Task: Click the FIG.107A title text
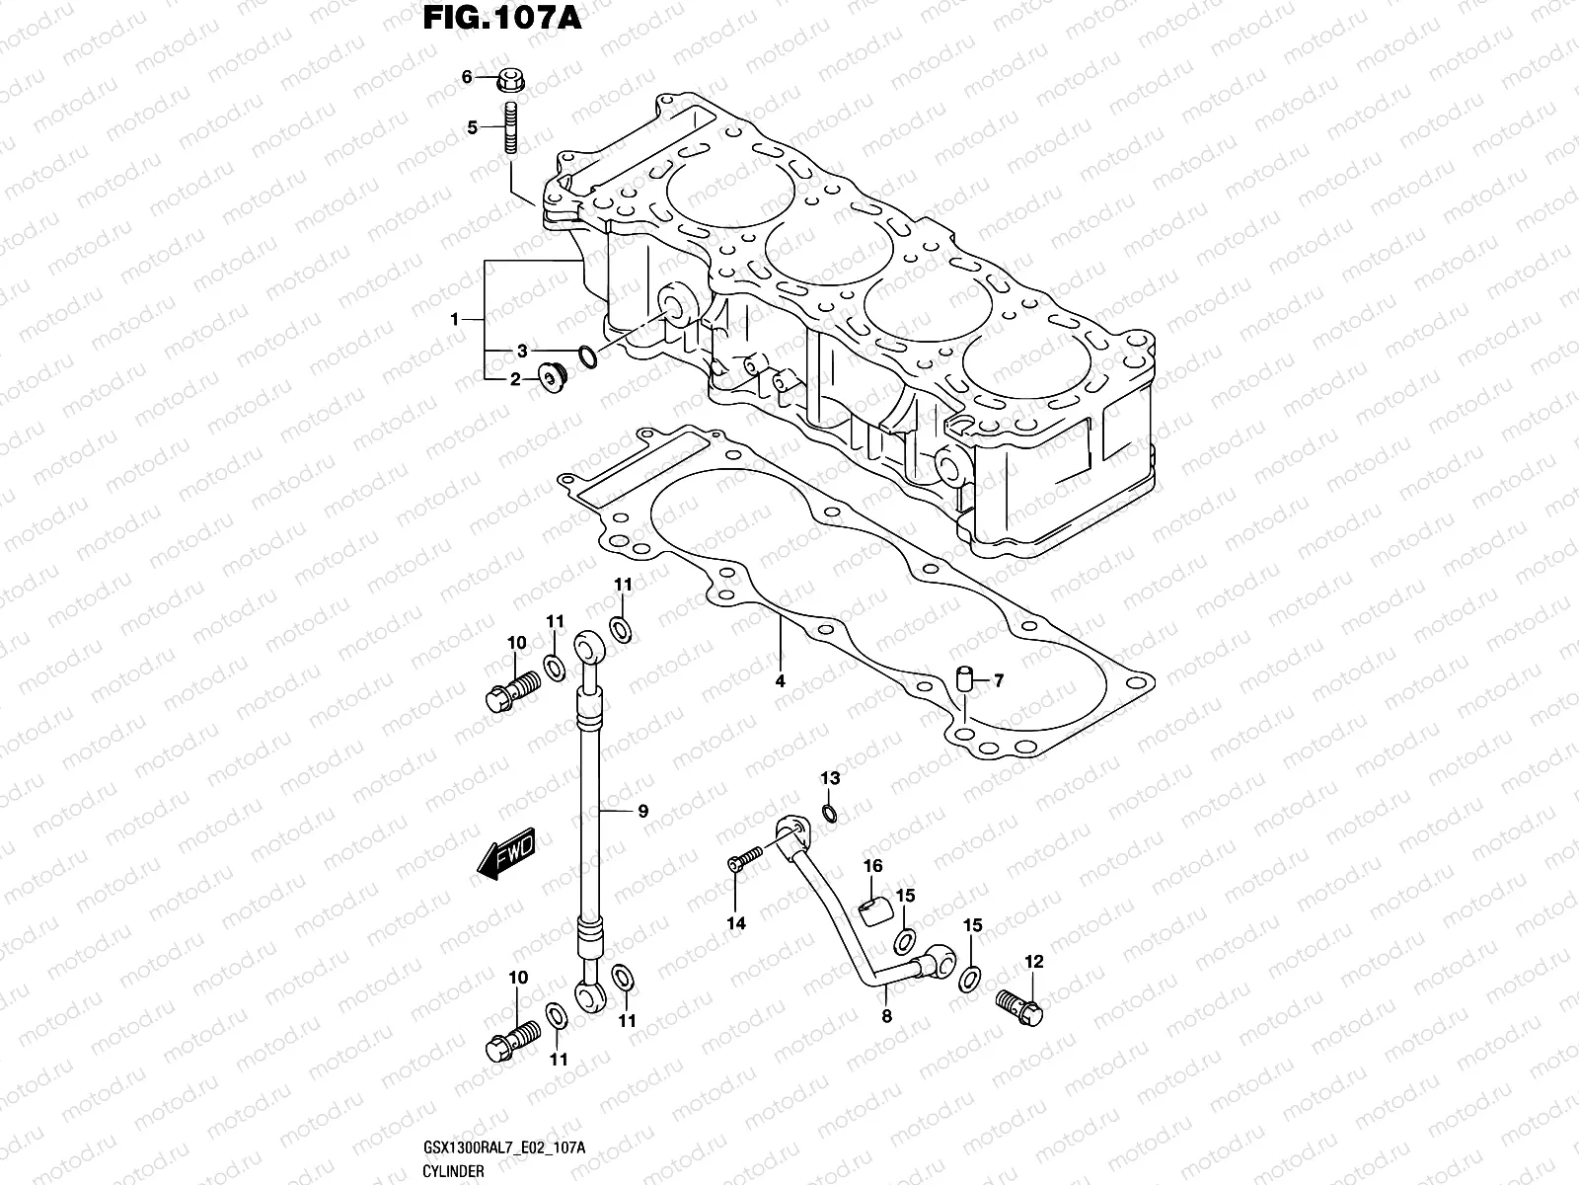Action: coord(501,19)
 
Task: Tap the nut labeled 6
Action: coord(511,77)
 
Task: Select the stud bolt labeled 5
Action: coord(512,127)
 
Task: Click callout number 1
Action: coord(455,319)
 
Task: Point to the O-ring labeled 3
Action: coord(585,355)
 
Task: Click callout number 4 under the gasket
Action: coord(780,681)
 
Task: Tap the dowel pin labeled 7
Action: coord(966,678)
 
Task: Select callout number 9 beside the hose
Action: coord(642,812)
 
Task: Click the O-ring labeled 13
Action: coord(830,813)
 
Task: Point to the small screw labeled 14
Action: coord(745,860)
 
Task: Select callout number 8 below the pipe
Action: coord(886,1014)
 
